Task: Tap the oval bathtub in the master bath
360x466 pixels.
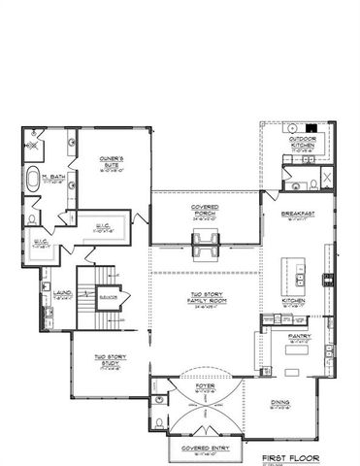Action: coord(36,179)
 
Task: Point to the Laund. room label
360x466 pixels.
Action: coord(59,292)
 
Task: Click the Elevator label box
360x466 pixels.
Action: coord(109,296)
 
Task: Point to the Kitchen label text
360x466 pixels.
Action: coord(294,303)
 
